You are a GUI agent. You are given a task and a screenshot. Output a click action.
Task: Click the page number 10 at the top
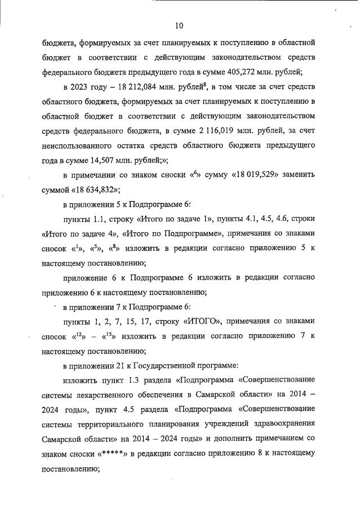[179, 25]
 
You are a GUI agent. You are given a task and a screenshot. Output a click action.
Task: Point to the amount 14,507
[100, 160]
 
